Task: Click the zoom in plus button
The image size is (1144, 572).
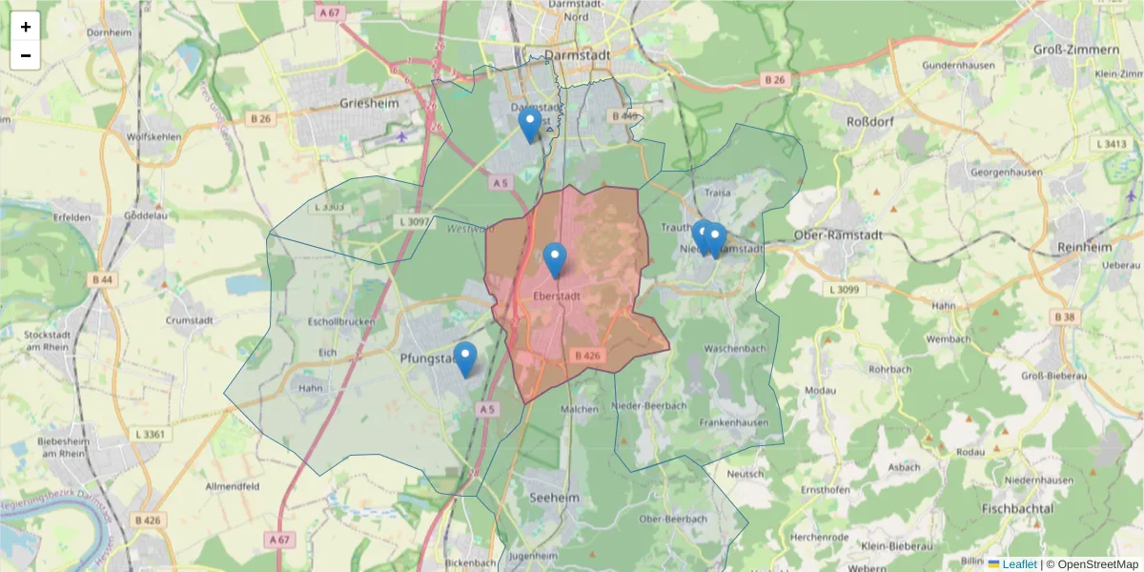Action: click(x=26, y=27)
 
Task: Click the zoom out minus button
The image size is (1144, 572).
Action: click(x=26, y=55)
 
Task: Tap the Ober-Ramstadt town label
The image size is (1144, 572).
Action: click(x=838, y=235)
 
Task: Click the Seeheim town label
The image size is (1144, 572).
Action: click(x=554, y=499)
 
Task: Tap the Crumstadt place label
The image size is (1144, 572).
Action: click(x=194, y=321)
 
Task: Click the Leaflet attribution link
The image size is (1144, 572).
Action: click(x=1018, y=564)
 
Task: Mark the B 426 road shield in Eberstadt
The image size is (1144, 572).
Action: click(x=588, y=356)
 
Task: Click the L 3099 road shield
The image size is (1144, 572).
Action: click(x=847, y=289)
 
